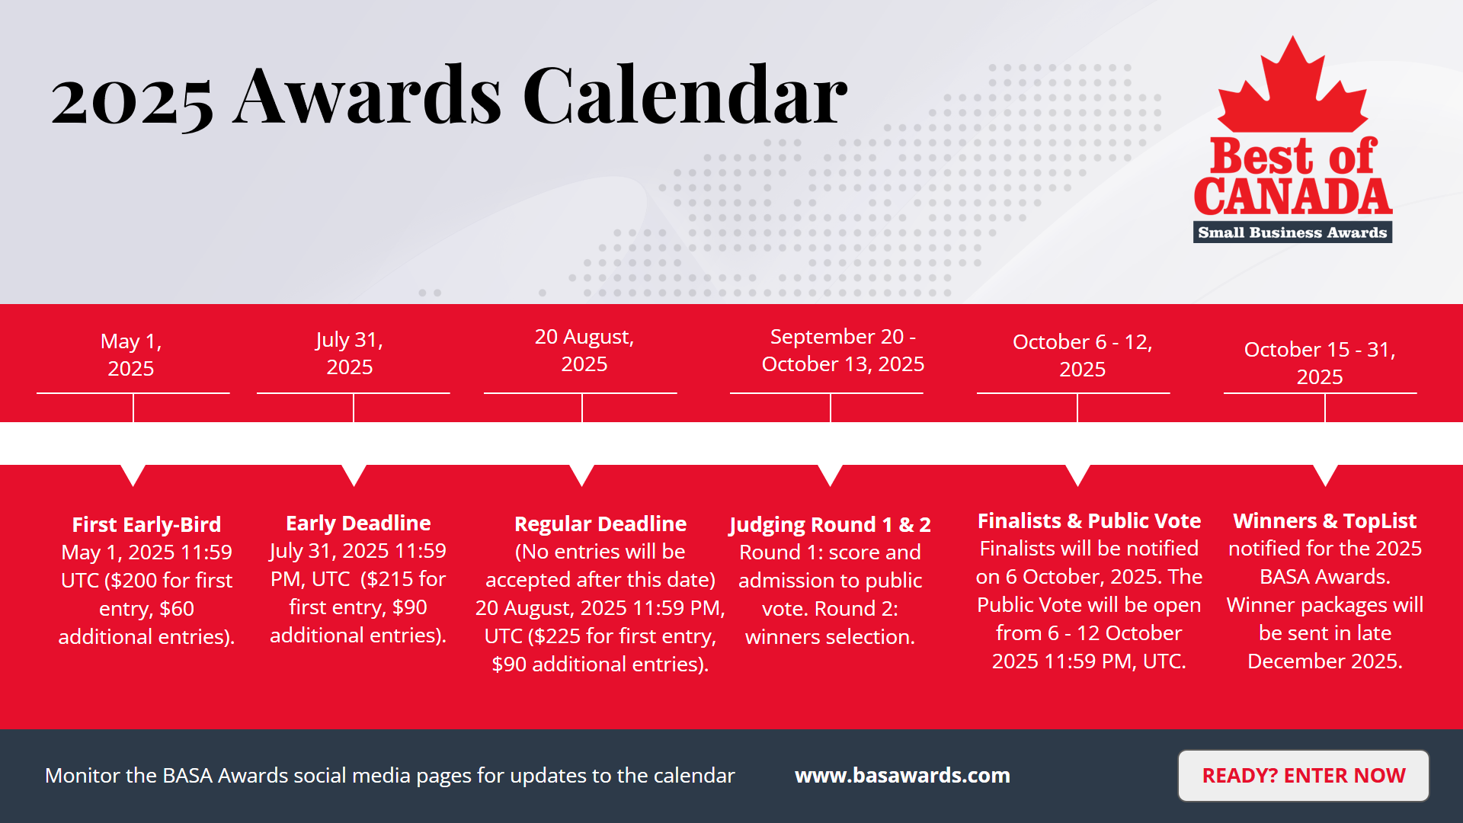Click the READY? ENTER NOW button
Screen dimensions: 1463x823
pos(1303,776)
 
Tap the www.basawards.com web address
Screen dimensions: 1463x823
pos(902,776)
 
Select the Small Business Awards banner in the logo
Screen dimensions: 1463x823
pos(1292,232)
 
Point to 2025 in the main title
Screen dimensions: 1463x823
pos(132,101)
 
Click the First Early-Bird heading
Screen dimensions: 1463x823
pos(146,524)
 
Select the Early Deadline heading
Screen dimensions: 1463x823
pos(358,523)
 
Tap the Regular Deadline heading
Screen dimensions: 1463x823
pos(600,524)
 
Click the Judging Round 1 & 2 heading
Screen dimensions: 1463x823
pos(830,525)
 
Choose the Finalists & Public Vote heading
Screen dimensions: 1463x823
pos(1089,520)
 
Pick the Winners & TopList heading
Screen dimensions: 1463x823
pos(1325,520)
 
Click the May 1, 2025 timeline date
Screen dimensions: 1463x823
pos(131,354)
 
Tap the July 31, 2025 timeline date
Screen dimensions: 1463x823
pos(350,353)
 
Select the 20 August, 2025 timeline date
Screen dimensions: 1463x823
pos(584,350)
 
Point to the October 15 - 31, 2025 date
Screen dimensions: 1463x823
pos(1320,363)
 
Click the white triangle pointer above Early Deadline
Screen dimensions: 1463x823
pos(354,475)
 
